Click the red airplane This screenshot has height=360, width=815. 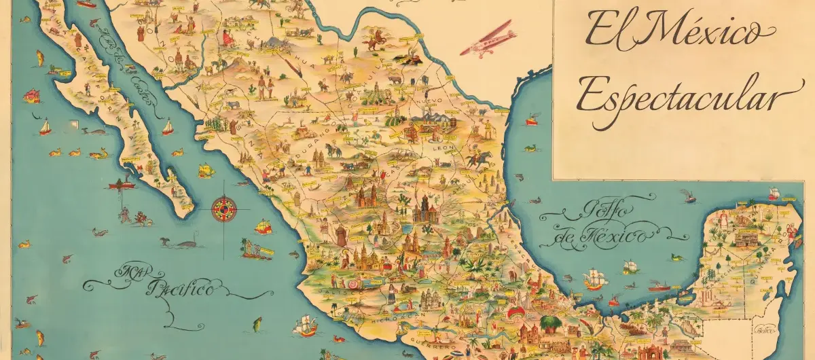pos(488,39)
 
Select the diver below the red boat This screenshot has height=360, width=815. pos(124,215)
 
